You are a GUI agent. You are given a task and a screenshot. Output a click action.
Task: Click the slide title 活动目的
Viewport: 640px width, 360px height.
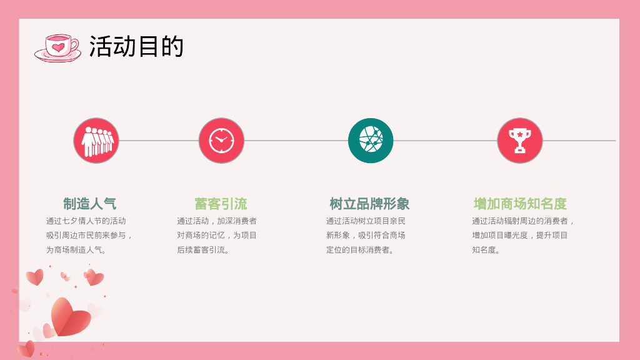click(136, 46)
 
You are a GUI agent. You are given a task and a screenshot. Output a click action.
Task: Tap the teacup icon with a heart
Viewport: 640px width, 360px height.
click(57, 48)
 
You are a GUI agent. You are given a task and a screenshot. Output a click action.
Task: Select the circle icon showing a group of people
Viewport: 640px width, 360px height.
click(96, 141)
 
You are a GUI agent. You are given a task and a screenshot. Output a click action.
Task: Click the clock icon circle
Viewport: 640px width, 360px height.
click(221, 141)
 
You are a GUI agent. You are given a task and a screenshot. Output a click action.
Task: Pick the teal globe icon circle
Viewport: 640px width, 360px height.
click(371, 141)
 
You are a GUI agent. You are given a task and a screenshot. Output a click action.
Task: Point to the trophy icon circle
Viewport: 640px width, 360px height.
click(519, 141)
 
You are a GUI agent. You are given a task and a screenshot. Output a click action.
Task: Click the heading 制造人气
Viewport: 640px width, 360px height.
click(89, 204)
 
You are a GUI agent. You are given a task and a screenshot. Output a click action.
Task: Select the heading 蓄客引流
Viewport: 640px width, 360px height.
click(221, 204)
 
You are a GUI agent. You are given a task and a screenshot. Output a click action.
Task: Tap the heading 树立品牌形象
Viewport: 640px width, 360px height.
click(369, 204)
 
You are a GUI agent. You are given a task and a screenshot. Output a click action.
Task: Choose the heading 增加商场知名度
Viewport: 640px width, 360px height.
click(520, 204)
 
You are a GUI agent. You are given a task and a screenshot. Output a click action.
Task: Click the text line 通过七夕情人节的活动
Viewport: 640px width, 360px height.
click(86, 221)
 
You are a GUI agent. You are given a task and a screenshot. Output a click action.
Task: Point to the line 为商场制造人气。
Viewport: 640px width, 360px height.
click(76, 250)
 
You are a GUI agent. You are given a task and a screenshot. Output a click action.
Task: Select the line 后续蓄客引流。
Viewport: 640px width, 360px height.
click(204, 250)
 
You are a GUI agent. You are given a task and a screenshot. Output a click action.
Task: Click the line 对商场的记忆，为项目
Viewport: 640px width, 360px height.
click(217, 236)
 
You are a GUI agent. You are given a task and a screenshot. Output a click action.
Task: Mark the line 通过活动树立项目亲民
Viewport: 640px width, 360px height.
click(366, 221)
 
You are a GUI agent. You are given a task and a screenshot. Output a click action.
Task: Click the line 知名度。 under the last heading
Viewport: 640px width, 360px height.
click(487, 250)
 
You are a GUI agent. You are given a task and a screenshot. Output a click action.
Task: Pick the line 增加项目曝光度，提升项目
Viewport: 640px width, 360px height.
click(520, 236)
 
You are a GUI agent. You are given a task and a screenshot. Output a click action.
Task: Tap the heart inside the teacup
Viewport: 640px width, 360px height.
click(58, 47)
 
